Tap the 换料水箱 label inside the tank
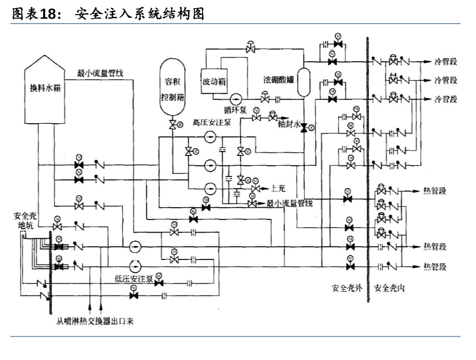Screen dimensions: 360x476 [x=44, y=88]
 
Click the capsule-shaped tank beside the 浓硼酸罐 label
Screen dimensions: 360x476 [x=303, y=82]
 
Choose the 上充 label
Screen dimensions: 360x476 [x=278, y=187]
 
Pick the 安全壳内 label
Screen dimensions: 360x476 [x=389, y=288]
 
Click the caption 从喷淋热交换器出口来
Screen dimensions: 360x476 [x=95, y=321]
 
